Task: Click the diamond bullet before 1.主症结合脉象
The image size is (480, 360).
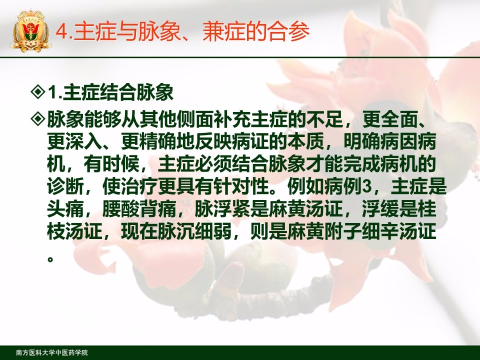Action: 38,92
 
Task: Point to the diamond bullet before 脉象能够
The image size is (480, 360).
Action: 38,119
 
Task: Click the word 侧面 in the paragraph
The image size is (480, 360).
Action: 195,119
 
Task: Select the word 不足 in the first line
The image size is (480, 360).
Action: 325,119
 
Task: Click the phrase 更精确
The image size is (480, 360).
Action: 149,141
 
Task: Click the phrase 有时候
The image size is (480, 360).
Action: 111,164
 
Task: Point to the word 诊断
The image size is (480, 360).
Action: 65,186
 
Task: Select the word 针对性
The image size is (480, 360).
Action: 241,186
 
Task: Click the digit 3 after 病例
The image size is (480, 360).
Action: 366,186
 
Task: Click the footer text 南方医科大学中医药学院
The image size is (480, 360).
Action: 51,352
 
